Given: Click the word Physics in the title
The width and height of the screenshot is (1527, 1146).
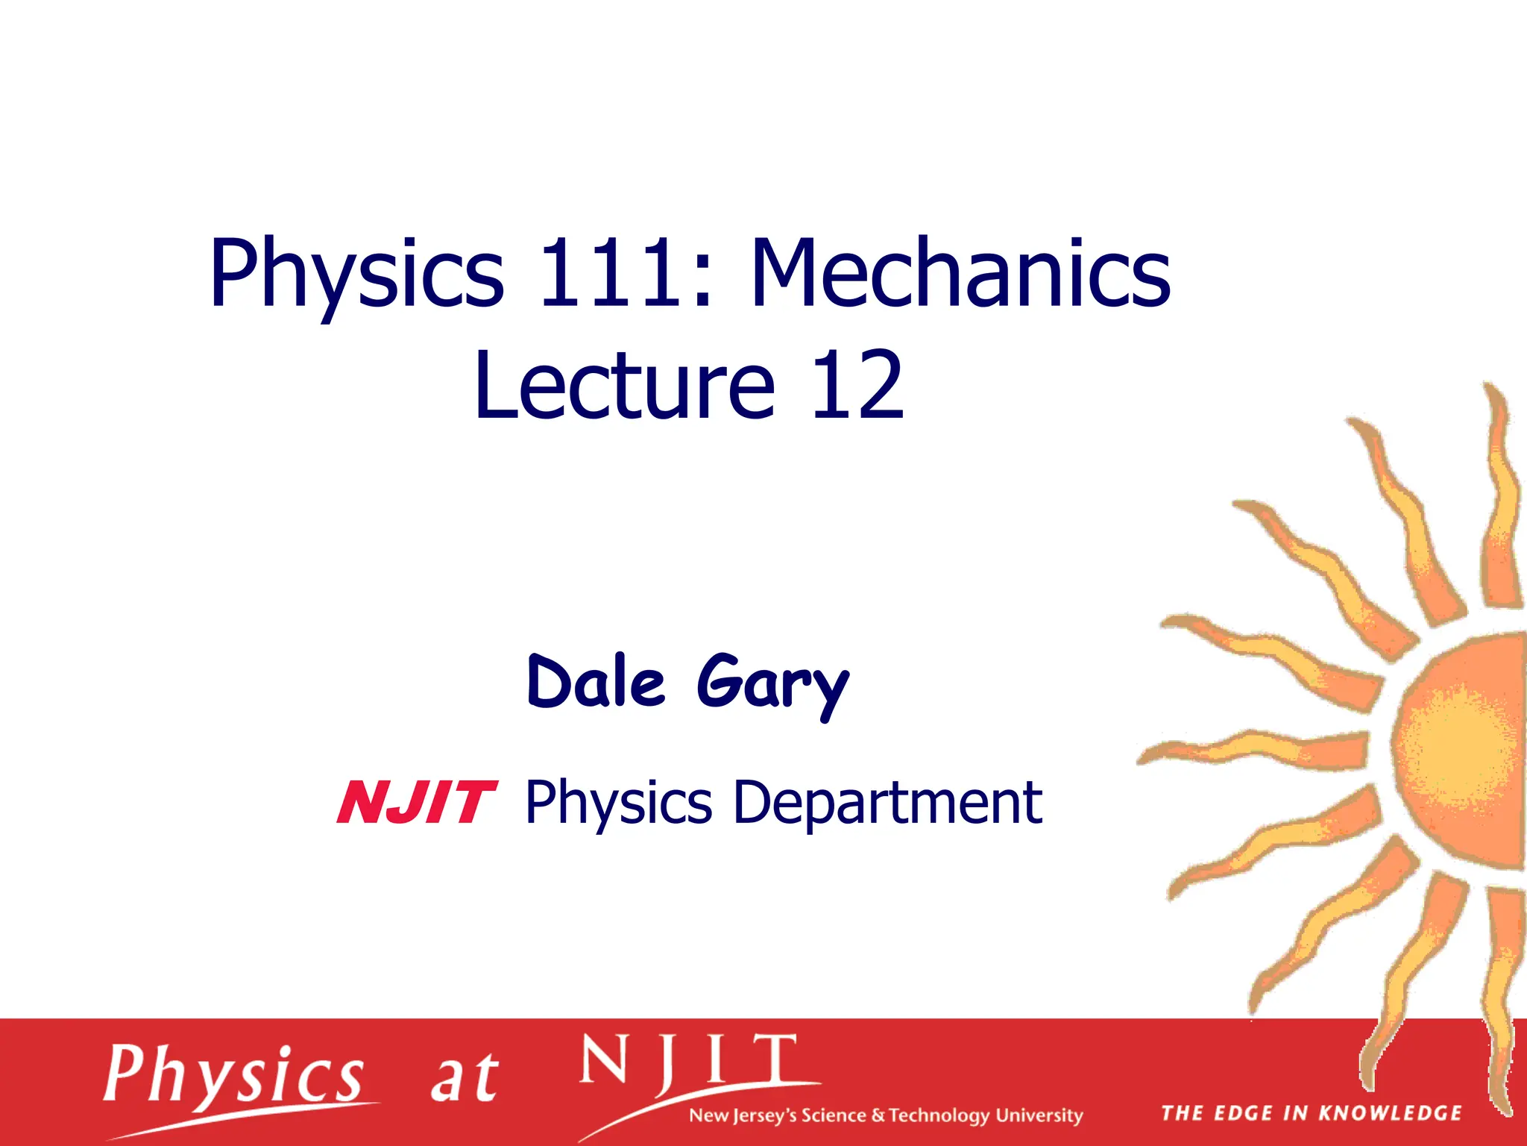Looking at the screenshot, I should (x=356, y=275).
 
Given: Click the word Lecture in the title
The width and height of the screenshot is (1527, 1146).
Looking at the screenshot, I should (x=625, y=386).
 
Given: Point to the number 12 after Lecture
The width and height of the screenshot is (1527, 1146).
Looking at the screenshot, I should (x=857, y=386).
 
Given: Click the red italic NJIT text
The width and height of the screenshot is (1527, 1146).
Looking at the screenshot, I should (x=416, y=804).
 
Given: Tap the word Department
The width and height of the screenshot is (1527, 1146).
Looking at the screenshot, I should (x=887, y=804).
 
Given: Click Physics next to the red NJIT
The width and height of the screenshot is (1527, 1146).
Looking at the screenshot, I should (x=618, y=804).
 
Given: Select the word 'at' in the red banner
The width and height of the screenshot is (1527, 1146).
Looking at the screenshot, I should (x=464, y=1079).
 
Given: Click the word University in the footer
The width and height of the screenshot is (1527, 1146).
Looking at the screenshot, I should (x=1039, y=1115).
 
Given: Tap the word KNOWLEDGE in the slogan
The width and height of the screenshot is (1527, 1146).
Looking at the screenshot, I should (x=1390, y=1114).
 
